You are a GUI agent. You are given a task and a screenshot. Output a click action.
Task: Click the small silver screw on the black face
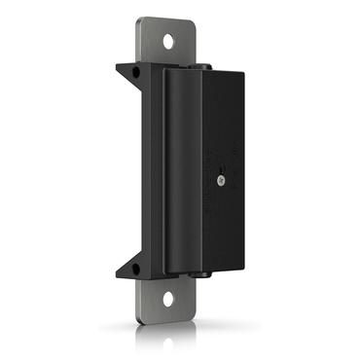point(223,179)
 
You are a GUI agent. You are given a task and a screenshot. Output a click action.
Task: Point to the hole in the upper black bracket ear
point(134,71)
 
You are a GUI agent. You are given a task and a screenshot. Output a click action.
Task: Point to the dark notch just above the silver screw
point(223,166)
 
